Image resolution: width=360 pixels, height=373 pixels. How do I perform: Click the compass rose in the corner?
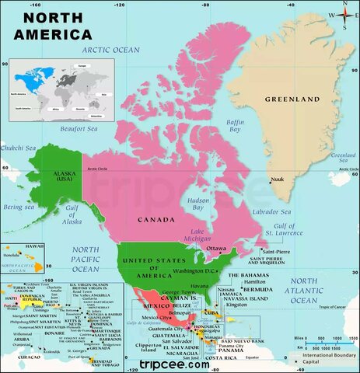point(341,14)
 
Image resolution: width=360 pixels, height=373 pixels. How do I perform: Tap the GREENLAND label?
point(292,100)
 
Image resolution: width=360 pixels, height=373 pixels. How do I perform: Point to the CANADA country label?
point(156,220)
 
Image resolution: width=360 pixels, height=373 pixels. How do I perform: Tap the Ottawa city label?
point(216,249)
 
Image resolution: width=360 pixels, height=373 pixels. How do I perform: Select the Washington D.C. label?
point(194,271)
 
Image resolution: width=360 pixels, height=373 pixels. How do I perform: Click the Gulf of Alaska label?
point(72,218)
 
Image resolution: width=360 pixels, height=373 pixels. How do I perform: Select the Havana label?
point(200,286)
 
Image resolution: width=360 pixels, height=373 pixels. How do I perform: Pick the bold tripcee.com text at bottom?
point(176,363)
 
